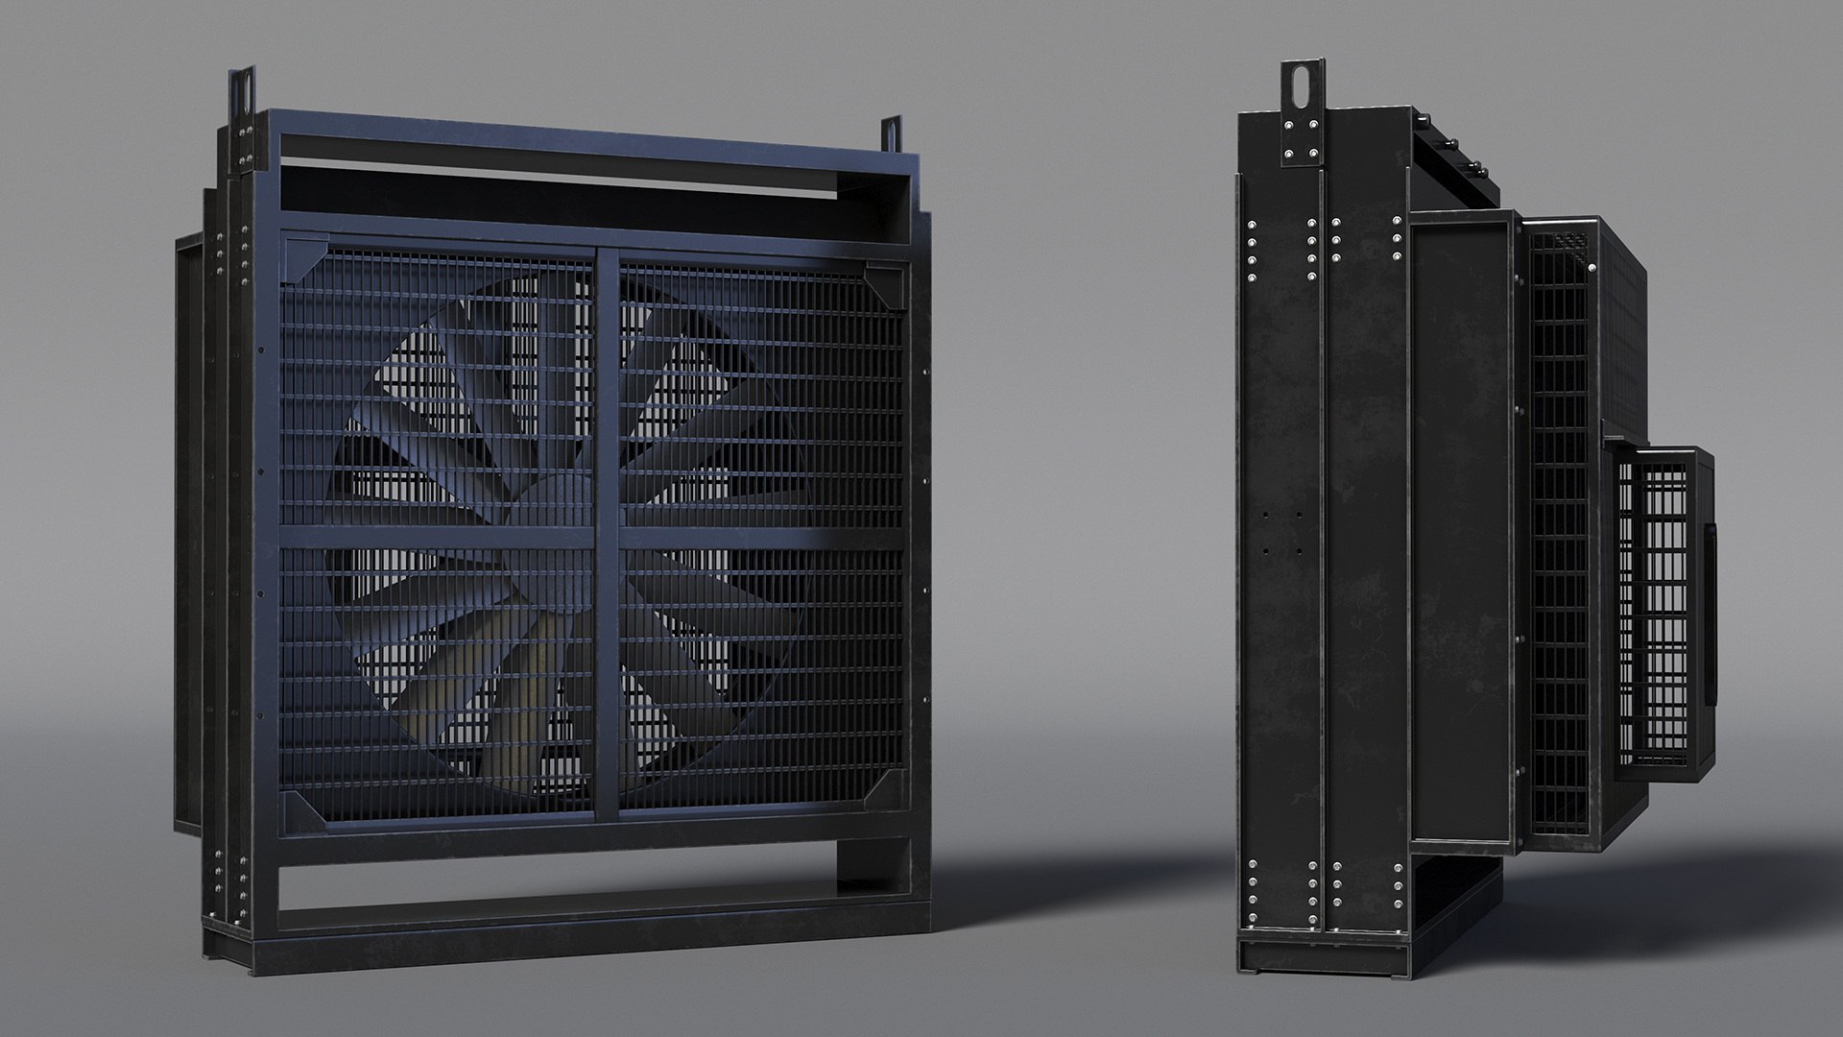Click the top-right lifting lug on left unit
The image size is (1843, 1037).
[892, 133]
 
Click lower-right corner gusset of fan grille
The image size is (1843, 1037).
[888, 787]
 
